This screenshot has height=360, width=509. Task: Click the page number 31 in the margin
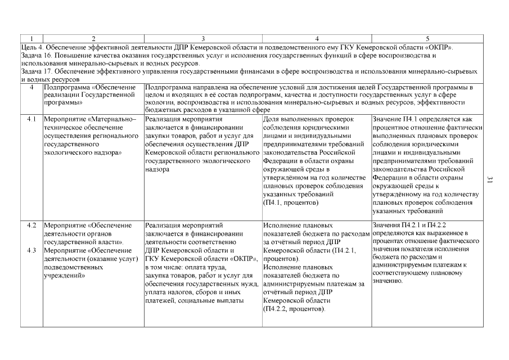tap(489, 179)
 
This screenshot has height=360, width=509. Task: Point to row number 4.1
tap(31, 120)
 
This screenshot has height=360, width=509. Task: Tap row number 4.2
tap(31, 226)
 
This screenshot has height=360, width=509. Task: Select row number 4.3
tap(31, 250)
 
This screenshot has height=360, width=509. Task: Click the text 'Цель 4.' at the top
tap(31, 47)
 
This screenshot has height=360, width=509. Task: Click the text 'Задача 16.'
tap(37, 56)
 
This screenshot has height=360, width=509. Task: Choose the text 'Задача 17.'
tap(37, 71)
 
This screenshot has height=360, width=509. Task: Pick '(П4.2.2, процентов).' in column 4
tap(294, 309)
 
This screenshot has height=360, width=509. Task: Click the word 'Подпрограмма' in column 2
tap(66, 88)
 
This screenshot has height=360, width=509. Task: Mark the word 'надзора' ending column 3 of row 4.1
tap(157, 169)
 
